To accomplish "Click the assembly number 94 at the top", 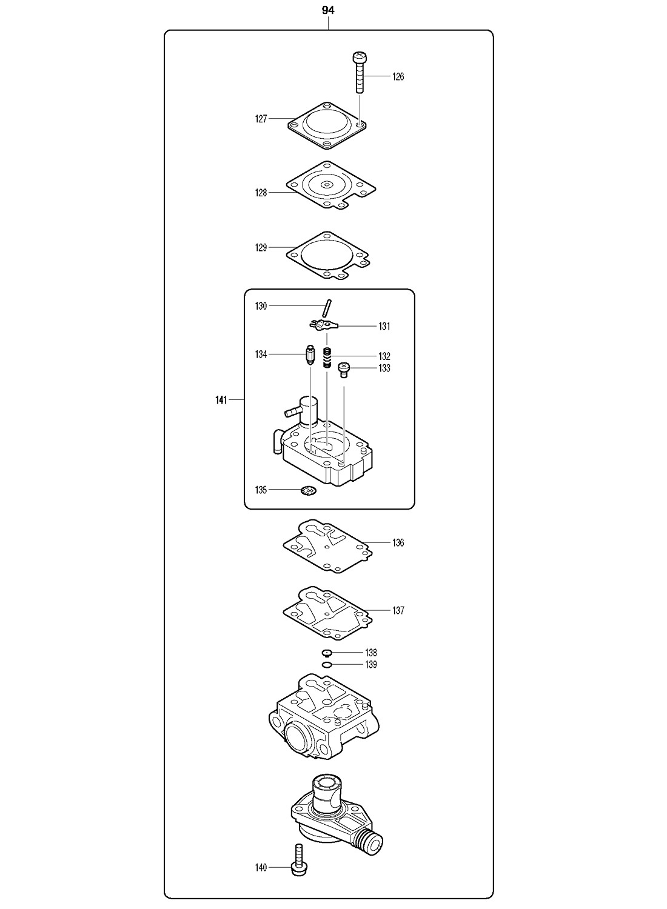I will pyautogui.click(x=328, y=10).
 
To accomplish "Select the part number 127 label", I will pyautogui.click(x=261, y=119).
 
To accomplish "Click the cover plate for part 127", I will pyautogui.click(x=327, y=127).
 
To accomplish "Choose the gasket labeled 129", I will pyautogui.click(x=327, y=255).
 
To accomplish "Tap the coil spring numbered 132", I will pyautogui.click(x=327, y=357).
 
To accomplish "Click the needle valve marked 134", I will pyautogui.click(x=310, y=355).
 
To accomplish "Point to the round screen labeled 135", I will pyautogui.click(x=309, y=490).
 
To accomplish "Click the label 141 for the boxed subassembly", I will pyautogui.click(x=221, y=400).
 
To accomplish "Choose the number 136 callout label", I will pyautogui.click(x=398, y=543).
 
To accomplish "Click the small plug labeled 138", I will pyautogui.click(x=327, y=653).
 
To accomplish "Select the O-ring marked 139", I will pyautogui.click(x=327, y=665).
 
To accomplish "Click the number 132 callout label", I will pyautogui.click(x=384, y=356).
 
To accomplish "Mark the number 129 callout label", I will pyautogui.click(x=261, y=248).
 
